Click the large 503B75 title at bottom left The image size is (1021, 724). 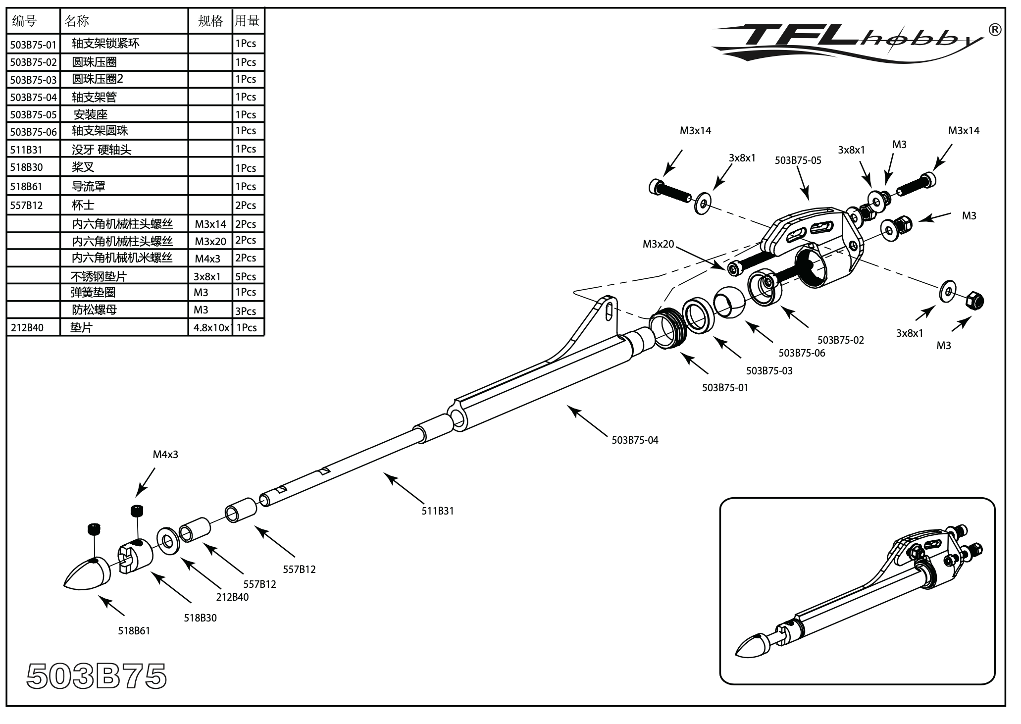tap(97, 676)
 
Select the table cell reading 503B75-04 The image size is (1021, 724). tap(33, 98)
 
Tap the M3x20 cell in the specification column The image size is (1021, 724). tap(210, 241)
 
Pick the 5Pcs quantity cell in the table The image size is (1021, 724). tap(246, 276)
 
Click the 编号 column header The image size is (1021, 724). tap(25, 21)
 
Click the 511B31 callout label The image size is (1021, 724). tap(437, 511)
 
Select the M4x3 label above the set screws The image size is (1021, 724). tap(165, 454)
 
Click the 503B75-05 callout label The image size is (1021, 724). tap(798, 160)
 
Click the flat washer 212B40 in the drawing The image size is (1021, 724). tap(168, 541)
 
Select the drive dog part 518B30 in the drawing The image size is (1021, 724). tap(135, 556)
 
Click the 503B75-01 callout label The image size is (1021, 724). tap(725, 388)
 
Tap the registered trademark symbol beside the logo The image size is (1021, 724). tap(995, 30)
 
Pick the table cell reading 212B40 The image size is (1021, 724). tap(27, 327)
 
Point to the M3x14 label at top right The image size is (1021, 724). tap(963, 131)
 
